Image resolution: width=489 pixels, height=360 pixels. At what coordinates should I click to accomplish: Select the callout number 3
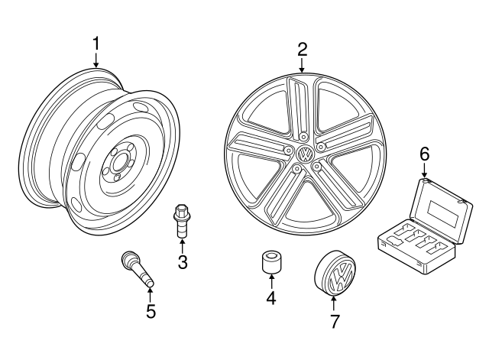tap(182, 262)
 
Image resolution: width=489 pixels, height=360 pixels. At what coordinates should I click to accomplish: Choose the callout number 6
tap(424, 154)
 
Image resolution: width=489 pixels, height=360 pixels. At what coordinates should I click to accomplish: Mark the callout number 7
tap(333, 322)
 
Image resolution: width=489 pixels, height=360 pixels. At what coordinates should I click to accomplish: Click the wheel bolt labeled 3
tap(182, 219)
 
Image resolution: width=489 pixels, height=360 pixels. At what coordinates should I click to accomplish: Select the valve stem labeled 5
tap(138, 270)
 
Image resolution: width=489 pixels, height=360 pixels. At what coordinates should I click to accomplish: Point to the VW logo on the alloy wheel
tap(305, 153)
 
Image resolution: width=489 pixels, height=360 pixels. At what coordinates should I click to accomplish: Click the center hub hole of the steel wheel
tap(119, 164)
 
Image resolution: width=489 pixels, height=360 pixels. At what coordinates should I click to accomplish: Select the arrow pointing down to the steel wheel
tap(96, 61)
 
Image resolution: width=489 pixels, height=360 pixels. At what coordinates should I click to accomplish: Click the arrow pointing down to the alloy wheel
tap(302, 66)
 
